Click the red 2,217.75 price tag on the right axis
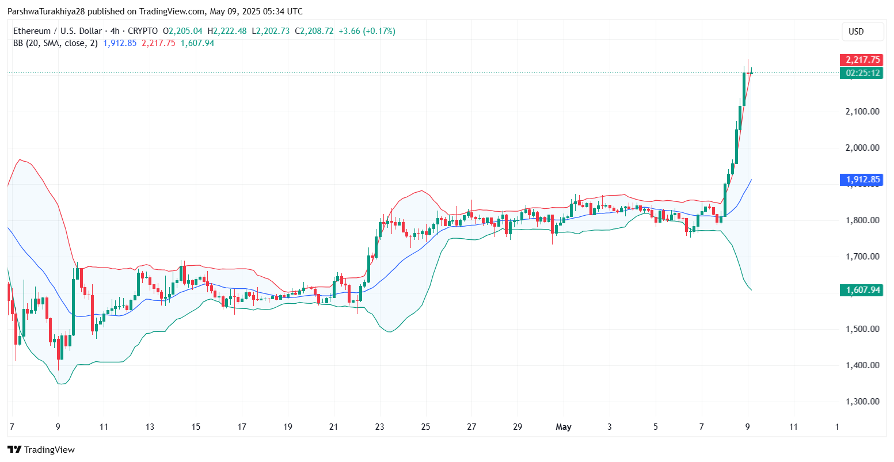[861, 60]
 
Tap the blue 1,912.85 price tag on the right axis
[861, 180]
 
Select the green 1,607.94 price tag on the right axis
[861, 290]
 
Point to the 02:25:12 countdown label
[861, 73]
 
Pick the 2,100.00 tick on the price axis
[862, 112]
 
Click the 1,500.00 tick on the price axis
[862, 329]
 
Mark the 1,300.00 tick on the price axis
[862, 402]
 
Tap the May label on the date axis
[564, 427]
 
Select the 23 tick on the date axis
[379, 427]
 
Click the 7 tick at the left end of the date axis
[12, 427]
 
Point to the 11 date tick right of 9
[794, 427]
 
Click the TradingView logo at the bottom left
[41, 450]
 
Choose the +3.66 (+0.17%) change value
[366, 31]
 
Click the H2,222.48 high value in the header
[227, 31]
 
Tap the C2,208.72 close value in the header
[314, 31]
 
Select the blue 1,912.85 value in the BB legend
[120, 43]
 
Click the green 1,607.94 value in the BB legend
[197, 43]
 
